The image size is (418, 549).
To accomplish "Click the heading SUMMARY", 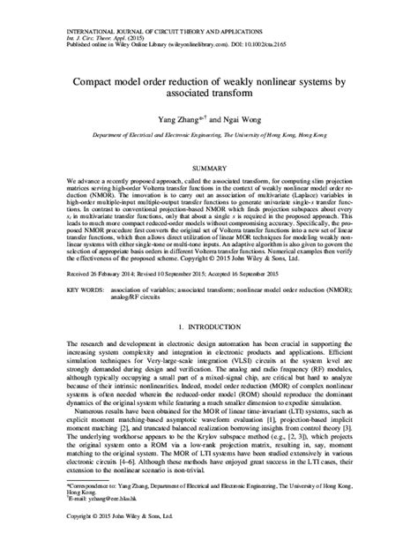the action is [x=209, y=167].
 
